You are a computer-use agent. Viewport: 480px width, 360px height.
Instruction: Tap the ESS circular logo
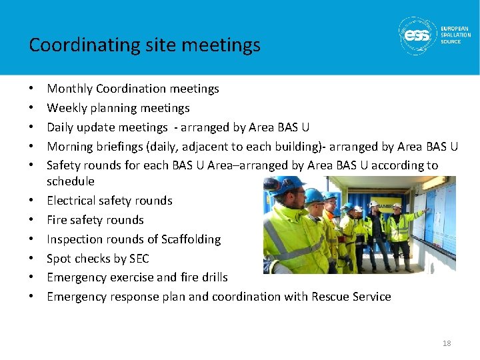417,35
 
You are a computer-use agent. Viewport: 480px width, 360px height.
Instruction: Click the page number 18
446,343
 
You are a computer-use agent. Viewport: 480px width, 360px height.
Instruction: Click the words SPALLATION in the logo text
456,35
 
